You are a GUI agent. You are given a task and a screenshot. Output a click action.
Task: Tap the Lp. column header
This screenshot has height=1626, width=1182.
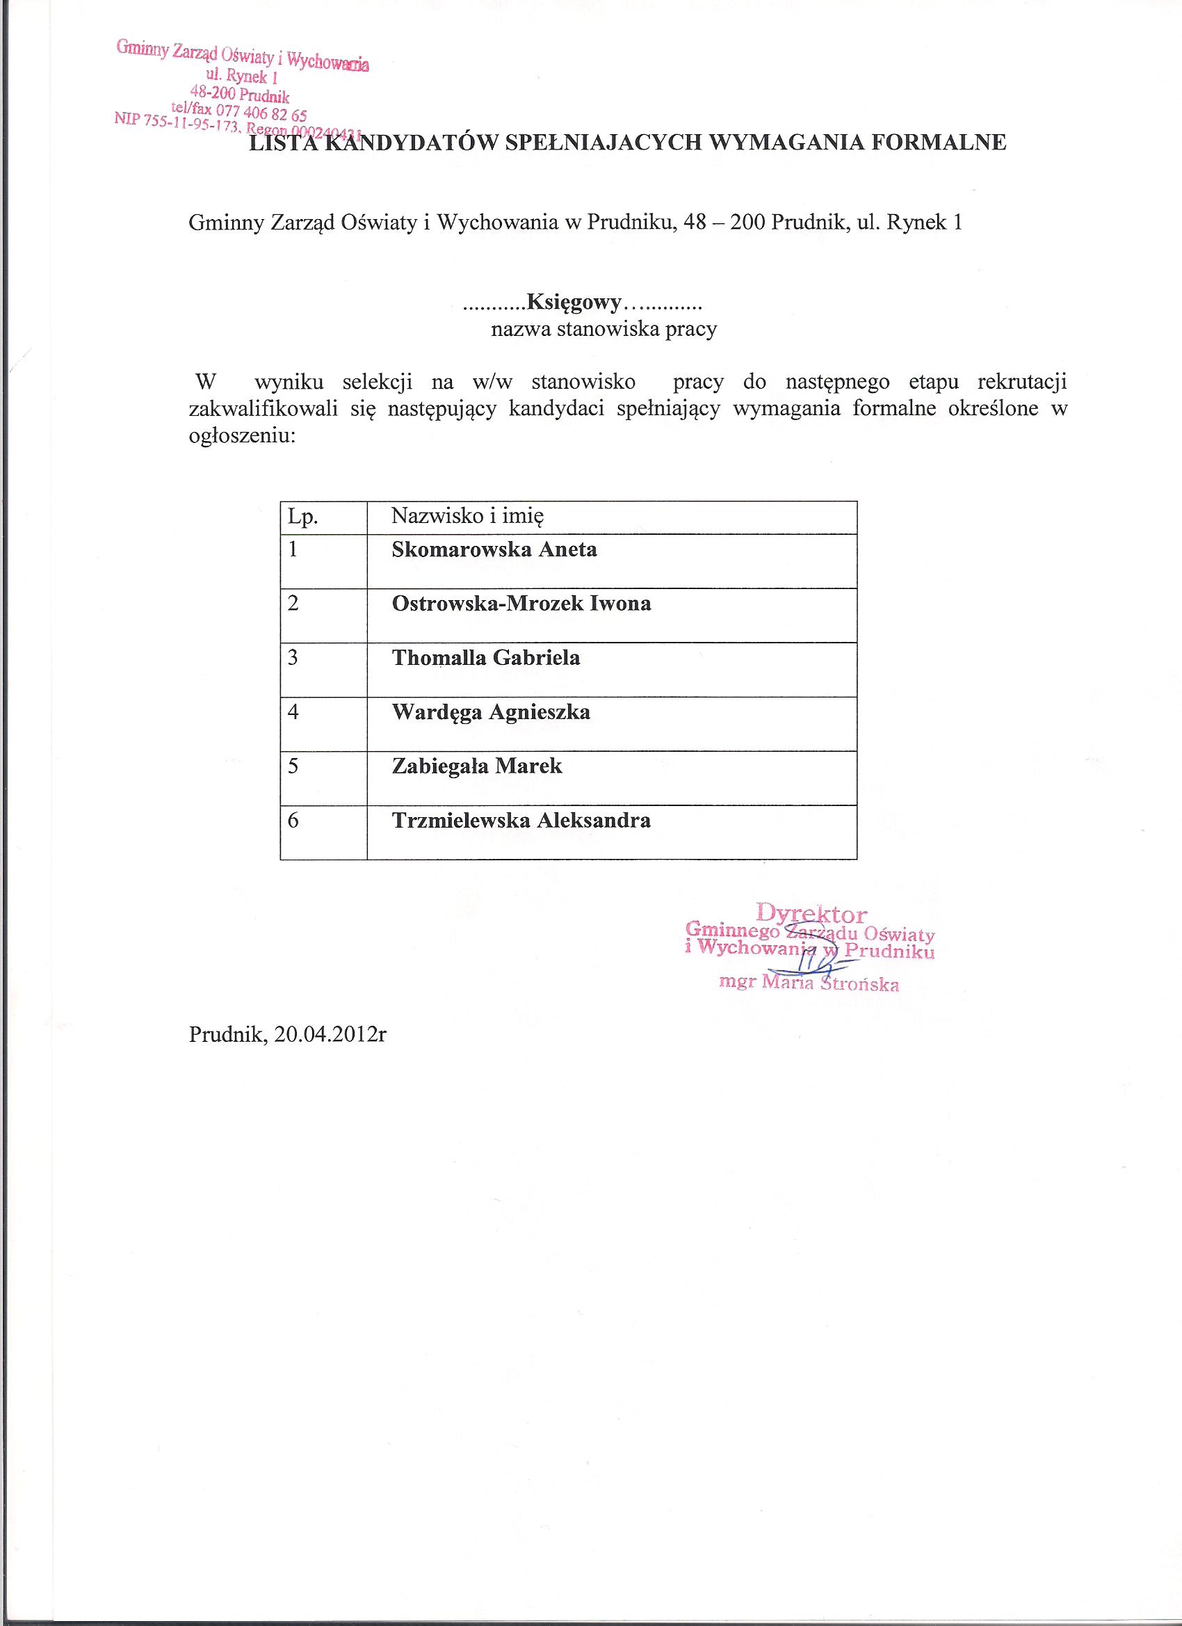(x=302, y=516)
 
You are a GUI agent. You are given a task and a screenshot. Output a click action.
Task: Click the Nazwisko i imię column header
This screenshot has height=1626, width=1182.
(x=467, y=515)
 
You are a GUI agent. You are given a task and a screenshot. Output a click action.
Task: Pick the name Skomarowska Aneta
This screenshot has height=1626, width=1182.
(x=494, y=550)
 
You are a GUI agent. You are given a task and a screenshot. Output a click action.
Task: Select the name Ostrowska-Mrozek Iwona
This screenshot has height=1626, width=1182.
(x=521, y=604)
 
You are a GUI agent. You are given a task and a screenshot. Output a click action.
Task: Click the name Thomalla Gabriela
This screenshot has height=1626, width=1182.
(x=485, y=657)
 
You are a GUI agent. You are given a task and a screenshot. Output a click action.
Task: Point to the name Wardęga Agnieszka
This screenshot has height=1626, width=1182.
(x=491, y=712)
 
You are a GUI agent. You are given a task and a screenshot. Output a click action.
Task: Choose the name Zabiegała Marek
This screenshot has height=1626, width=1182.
(x=477, y=766)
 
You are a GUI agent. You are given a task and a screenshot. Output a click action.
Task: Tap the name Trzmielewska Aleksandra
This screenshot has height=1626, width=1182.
(x=521, y=820)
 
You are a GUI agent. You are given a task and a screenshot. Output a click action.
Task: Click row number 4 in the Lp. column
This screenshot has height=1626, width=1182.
(x=293, y=711)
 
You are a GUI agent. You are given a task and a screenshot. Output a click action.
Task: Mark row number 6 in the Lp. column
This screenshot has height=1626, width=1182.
(x=293, y=819)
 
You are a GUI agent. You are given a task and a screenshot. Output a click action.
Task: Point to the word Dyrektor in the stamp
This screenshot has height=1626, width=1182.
(x=811, y=914)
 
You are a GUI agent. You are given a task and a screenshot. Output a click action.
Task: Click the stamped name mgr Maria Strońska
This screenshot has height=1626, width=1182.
(x=809, y=983)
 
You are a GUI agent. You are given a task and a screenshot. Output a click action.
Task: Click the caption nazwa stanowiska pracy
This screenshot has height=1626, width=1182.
(x=604, y=330)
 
